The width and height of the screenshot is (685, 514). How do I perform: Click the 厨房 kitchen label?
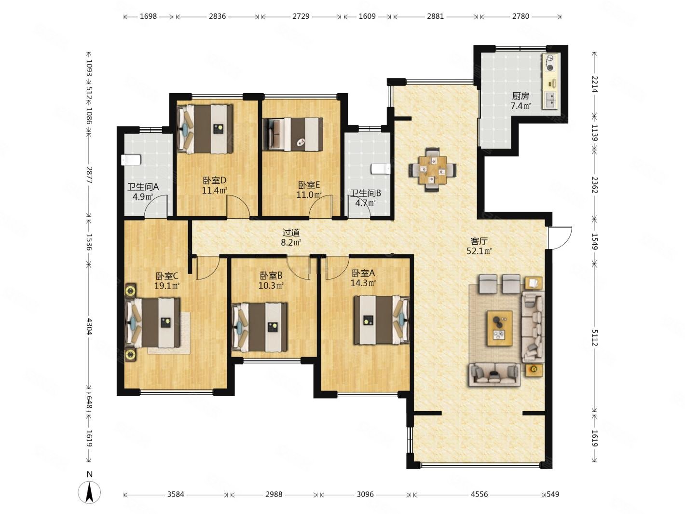(x=520, y=96)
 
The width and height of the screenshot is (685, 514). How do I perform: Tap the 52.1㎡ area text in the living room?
(x=479, y=251)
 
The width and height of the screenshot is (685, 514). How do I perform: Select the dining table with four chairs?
(x=432, y=169)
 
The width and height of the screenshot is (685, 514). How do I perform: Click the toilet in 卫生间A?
(x=131, y=160)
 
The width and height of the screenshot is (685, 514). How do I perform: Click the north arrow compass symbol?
(x=89, y=492)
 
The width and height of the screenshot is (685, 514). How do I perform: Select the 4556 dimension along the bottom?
(x=479, y=494)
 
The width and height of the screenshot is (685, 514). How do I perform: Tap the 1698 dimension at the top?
(x=148, y=16)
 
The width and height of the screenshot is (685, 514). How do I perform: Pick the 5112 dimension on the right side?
(x=594, y=338)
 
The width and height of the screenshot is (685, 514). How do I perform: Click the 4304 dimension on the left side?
(x=89, y=326)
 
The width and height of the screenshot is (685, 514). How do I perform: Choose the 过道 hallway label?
(x=291, y=233)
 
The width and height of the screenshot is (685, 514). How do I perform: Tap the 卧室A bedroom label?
(x=363, y=273)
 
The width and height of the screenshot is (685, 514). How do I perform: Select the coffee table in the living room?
(x=500, y=328)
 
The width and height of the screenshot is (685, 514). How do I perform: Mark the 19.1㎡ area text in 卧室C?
(x=166, y=286)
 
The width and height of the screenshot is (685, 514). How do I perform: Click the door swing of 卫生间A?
(x=156, y=206)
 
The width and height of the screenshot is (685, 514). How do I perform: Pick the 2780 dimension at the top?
(x=521, y=16)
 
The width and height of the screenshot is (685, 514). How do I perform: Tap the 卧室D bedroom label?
(x=214, y=181)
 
